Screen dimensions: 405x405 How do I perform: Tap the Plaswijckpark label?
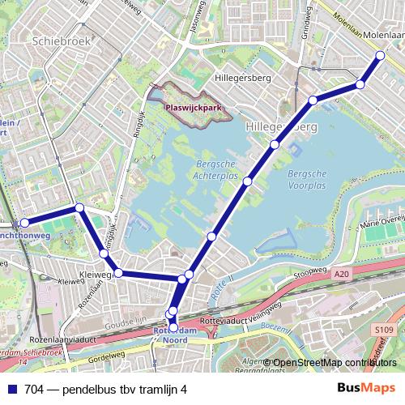193,105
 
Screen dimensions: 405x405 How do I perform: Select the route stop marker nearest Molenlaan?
381,55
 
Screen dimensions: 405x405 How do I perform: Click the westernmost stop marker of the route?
24,222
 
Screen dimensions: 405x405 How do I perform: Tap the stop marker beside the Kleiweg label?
118,274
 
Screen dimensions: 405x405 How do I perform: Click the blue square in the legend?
13,390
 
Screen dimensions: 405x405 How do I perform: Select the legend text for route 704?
105,390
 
